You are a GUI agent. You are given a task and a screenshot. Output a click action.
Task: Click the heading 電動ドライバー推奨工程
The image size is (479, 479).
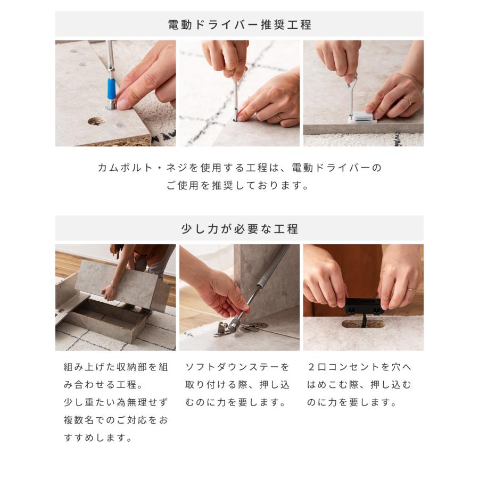pyautogui.click(x=239, y=24)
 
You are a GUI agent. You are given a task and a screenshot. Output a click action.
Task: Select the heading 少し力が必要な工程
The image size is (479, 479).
pyautogui.click(x=239, y=229)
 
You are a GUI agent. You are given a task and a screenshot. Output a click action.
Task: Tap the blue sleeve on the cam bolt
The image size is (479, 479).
pyautogui.click(x=111, y=88)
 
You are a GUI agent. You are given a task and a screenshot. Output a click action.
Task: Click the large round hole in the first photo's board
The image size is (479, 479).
pyautogui.click(x=96, y=121)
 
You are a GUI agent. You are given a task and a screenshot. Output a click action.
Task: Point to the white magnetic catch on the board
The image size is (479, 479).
pyautogui.click(x=362, y=117)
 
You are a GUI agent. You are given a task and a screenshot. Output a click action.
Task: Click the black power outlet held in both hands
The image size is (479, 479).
pyautogui.click(x=364, y=307)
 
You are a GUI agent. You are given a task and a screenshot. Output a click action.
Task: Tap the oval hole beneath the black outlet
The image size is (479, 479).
pyautogui.click(x=363, y=323)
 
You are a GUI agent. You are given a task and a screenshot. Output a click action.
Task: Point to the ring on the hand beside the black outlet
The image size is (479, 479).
pyautogui.click(x=410, y=290)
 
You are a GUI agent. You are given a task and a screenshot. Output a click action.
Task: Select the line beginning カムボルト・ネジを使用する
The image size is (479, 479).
pyautogui.click(x=240, y=168)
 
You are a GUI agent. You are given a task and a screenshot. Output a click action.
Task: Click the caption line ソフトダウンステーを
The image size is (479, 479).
pyautogui.click(x=237, y=367)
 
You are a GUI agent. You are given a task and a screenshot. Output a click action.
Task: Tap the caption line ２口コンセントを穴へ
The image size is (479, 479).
pyautogui.click(x=359, y=367)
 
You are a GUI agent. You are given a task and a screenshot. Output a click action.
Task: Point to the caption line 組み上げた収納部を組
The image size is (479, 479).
pyautogui.click(x=116, y=367)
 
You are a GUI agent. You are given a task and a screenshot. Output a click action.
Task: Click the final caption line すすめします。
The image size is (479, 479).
pyautogui.click(x=98, y=438)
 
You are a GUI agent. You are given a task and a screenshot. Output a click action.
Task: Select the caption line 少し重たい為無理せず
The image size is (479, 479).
pyautogui.click(x=116, y=402)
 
